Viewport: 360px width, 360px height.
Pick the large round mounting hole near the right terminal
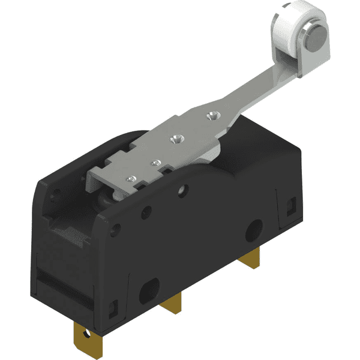click(254, 229)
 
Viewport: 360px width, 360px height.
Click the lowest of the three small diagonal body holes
click(116, 229)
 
